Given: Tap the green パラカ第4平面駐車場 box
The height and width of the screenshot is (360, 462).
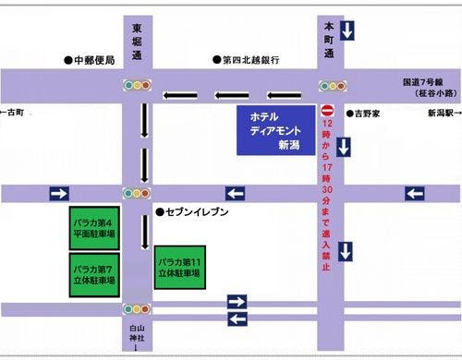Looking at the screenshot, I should click(x=93, y=227).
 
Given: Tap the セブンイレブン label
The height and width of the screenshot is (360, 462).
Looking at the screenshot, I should click(x=198, y=212).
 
